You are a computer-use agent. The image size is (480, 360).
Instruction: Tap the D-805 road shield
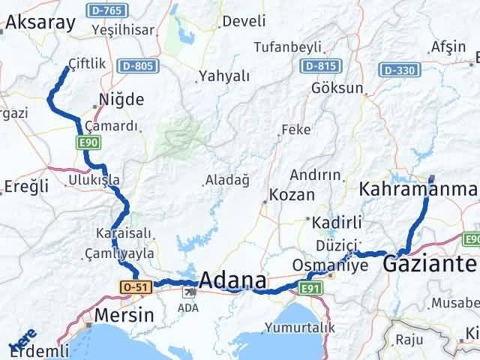coord(138,66)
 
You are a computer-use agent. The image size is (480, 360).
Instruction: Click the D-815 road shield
coord(319,66)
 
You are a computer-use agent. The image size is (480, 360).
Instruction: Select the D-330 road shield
coord(397,70)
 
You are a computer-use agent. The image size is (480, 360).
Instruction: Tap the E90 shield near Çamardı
coord(87,140)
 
